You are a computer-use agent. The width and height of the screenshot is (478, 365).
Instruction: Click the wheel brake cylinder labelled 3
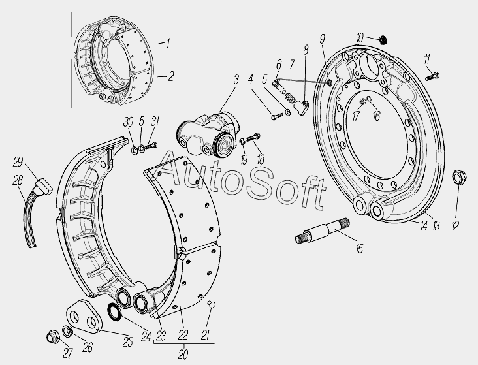coord(207,135)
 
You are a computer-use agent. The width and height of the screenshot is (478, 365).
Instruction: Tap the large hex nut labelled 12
coord(460,176)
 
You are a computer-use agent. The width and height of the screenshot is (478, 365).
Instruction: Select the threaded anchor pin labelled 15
coord(322,230)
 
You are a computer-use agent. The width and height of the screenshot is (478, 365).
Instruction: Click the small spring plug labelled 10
coord(383,39)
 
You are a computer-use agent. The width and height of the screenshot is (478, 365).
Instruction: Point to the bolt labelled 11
coord(432,76)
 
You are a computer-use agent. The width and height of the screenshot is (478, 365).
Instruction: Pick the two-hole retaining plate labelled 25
coord(83,315)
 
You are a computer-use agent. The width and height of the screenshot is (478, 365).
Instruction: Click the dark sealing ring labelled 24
coord(115,311)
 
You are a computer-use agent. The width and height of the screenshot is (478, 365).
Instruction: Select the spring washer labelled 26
coord(67,331)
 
